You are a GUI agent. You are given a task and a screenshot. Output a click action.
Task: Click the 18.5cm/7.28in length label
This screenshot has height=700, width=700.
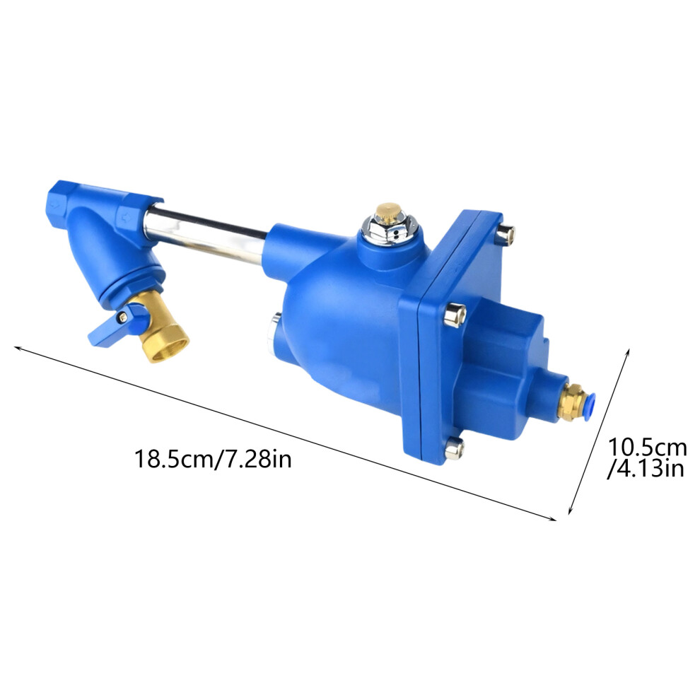pos(213,458)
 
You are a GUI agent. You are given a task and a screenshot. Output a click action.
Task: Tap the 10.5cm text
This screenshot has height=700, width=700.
pos(647,447)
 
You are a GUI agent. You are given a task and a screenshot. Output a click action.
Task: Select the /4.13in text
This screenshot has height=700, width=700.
pos(646,469)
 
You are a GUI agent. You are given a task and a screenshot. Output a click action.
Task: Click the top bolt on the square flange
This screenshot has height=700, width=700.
pos(506,234)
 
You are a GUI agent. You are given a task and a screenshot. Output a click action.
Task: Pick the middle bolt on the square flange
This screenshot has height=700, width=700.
pos(455,314)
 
